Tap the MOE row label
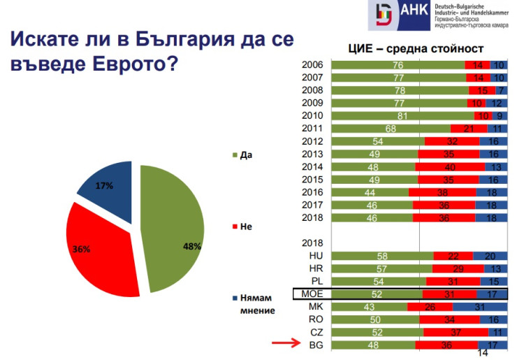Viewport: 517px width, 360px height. (x=312, y=294)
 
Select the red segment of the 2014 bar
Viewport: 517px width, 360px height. (x=450, y=166)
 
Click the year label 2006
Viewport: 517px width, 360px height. (x=312, y=65)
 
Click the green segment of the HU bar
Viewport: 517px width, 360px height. (x=381, y=256)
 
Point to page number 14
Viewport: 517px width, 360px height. (x=482, y=354)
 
